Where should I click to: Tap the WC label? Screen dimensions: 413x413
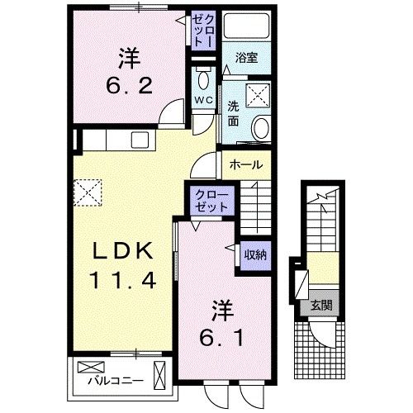(203, 101)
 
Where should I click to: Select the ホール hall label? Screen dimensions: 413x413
(246, 164)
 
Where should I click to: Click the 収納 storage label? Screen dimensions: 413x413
(254, 255)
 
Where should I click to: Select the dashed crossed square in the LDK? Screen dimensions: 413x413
(86, 193)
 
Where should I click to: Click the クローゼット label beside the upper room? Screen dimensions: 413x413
(202, 28)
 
